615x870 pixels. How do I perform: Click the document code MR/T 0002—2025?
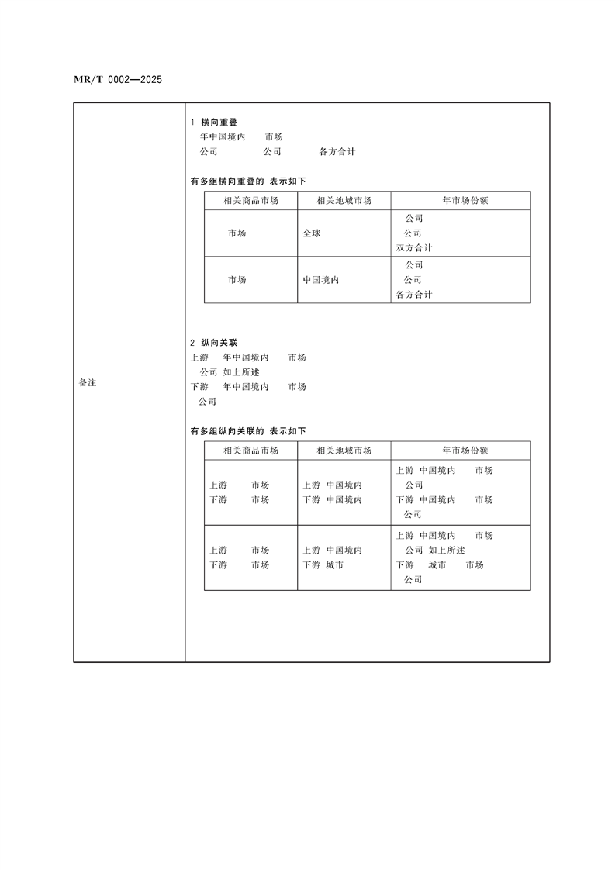(x=117, y=79)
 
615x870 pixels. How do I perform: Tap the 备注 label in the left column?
(x=88, y=383)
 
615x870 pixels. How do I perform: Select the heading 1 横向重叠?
(x=214, y=123)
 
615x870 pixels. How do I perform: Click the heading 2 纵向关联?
(x=214, y=343)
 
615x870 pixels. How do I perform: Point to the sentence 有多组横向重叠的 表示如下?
(x=248, y=181)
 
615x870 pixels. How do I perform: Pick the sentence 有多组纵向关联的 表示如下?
(x=248, y=431)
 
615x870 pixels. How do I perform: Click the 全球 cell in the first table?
(x=312, y=233)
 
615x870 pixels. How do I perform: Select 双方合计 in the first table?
(x=414, y=248)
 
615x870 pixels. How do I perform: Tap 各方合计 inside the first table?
(x=414, y=295)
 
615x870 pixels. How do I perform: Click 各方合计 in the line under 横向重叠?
(x=337, y=152)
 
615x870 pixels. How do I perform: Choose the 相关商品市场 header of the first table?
(x=250, y=201)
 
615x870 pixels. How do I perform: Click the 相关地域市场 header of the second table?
(x=344, y=451)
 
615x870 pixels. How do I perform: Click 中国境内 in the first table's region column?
(x=321, y=280)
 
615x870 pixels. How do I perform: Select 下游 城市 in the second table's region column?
(x=323, y=565)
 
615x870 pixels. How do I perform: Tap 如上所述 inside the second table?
(x=447, y=551)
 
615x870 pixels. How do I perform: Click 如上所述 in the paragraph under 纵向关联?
(x=240, y=372)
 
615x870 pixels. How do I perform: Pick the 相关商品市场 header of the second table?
(x=250, y=451)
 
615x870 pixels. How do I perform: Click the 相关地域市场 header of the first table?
(x=344, y=201)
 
